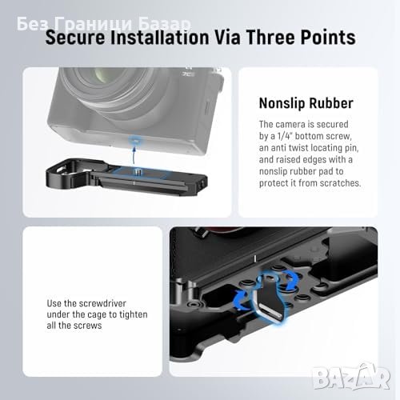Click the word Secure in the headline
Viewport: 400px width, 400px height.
75,37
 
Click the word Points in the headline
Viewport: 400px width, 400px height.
328,37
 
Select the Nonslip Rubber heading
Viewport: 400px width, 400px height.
306,103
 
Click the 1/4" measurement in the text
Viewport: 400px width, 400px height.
285,136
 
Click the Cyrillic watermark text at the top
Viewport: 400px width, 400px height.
104,24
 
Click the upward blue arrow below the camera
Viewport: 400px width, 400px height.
134,157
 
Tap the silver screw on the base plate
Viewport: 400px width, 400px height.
138,171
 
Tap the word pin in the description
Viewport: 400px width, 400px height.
351,148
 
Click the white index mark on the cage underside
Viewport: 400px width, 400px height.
255,258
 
